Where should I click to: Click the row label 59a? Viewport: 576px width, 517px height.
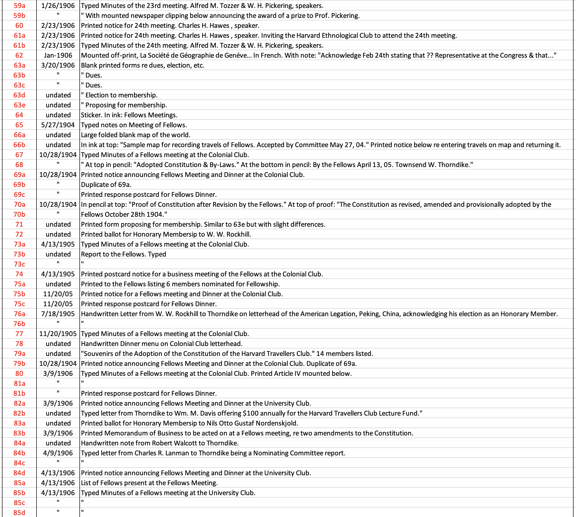point(19,6)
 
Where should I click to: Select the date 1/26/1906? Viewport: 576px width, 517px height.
point(58,6)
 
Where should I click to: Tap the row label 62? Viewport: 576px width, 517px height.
point(19,55)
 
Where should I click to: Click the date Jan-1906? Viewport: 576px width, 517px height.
point(58,55)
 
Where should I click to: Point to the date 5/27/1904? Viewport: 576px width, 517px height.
point(58,125)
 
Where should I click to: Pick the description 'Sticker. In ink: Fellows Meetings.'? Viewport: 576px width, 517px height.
point(129,115)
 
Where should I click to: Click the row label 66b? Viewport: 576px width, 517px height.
point(19,145)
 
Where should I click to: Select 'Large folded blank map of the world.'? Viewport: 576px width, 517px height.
point(136,135)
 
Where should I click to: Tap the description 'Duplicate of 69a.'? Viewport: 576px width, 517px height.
point(106,185)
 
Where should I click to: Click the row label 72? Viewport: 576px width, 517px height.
point(19,234)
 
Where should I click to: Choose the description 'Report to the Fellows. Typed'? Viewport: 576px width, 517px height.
point(123,254)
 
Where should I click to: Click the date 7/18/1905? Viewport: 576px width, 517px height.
point(58,314)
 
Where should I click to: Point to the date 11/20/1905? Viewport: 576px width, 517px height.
point(58,334)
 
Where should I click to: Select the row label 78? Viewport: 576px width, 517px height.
point(19,344)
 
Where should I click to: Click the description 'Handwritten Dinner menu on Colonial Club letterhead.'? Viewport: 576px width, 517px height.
point(162,344)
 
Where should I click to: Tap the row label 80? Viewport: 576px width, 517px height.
point(19,374)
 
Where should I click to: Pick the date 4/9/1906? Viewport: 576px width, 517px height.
point(58,453)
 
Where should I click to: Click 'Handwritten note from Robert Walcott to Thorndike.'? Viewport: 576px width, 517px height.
point(160,443)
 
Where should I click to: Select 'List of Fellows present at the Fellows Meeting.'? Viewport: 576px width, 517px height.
point(149,483)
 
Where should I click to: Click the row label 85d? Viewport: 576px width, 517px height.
point(19,513)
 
